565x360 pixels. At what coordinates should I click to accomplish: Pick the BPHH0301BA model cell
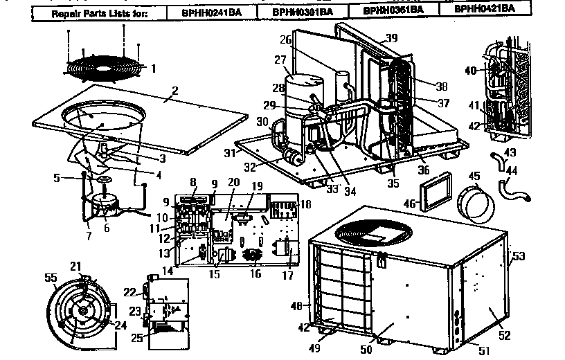click(x=301, y=11)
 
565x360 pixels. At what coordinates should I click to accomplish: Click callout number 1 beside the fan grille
click(x=154, y=68)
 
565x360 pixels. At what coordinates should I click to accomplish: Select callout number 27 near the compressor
click(x=280, y=60)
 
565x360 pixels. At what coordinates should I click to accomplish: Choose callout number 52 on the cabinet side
click(x=505, y=334)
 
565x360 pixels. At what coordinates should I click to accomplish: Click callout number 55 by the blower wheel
click(x=49, y=278)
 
